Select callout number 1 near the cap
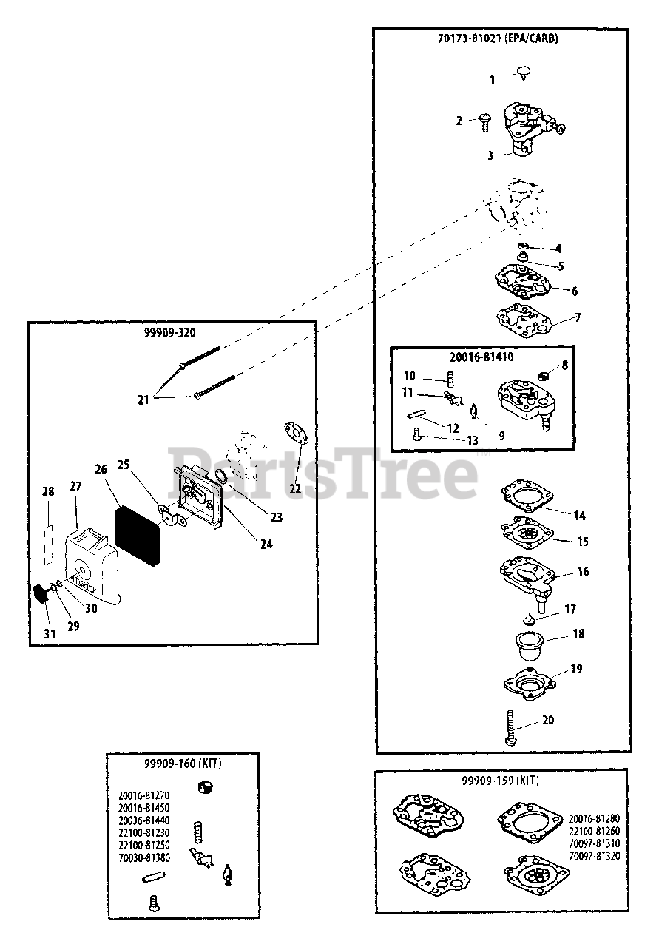pos(493,80)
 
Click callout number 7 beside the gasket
pos(578,318)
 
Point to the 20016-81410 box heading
pos(481,357)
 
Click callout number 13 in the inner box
pos(471,440)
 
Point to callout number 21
pos(143,400)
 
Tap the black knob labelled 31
pos(42,593)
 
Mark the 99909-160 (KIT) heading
pos(182,763)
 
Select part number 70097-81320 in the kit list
pos(595,855)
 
